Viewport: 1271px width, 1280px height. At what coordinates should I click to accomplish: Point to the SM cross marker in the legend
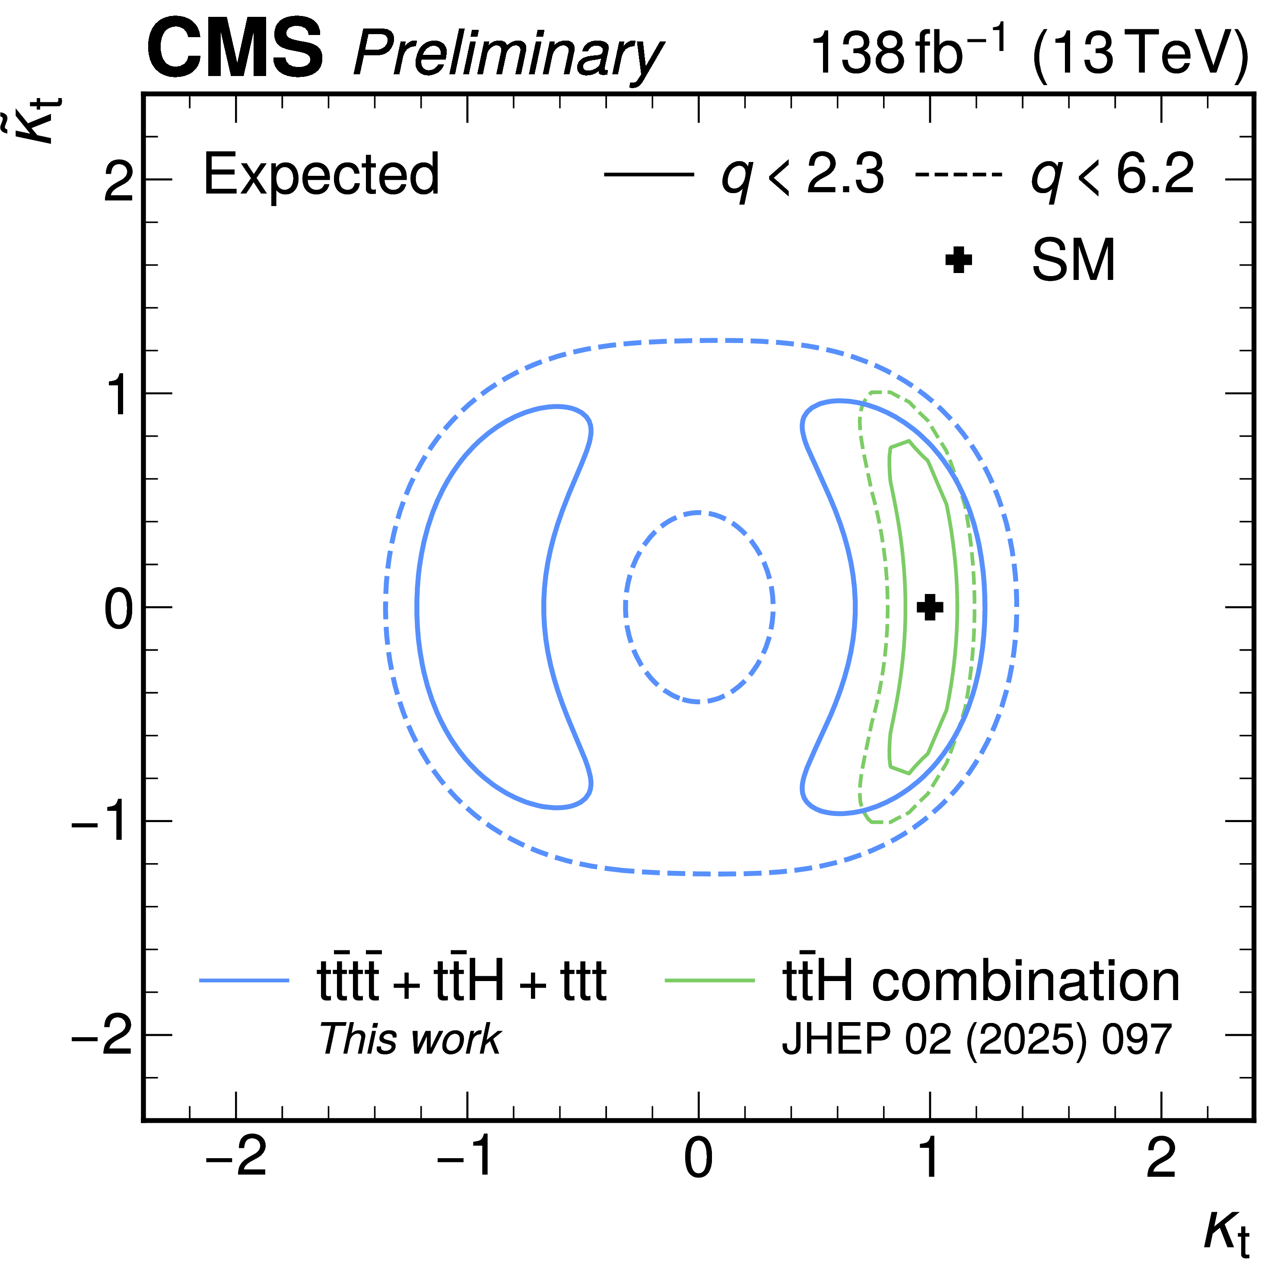[958, 260]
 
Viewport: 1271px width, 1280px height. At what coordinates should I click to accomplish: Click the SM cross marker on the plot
[930, 607]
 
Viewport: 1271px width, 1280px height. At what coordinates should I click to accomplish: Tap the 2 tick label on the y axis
[119, 180]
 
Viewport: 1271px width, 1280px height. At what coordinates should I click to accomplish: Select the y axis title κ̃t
[40, 119]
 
